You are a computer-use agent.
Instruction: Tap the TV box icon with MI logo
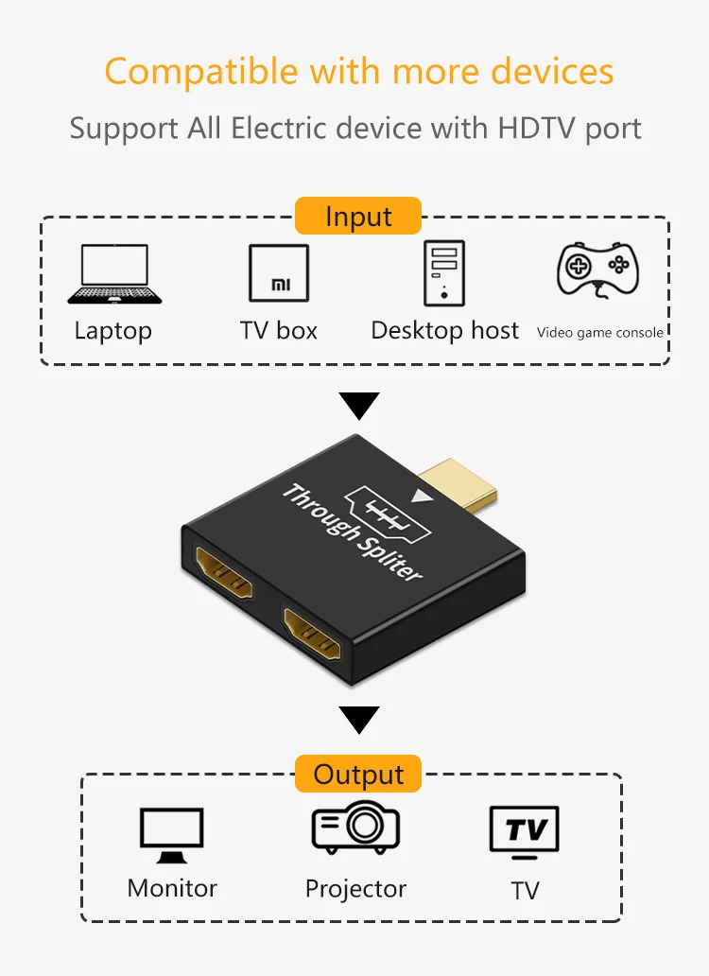click(278, 273)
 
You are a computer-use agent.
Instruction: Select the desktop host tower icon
click(443, 272)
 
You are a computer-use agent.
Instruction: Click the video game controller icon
click(597, 270)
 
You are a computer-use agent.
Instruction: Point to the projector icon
click(355, 828)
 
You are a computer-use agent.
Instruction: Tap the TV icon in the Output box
click(524, 832)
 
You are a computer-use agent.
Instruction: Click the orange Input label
click(357, 216)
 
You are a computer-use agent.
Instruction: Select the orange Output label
click(358, 775)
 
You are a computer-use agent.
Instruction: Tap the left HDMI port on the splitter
click(224, 573)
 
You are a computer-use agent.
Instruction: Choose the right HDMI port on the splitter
click(313, 634)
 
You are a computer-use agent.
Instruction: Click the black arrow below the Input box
click(358, 407)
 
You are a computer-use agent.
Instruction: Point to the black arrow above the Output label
click(358, 721)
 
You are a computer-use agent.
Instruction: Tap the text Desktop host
click(444, 330)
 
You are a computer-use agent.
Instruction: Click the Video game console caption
click(599, 332)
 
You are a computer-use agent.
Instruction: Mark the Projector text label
click(355, 889)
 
